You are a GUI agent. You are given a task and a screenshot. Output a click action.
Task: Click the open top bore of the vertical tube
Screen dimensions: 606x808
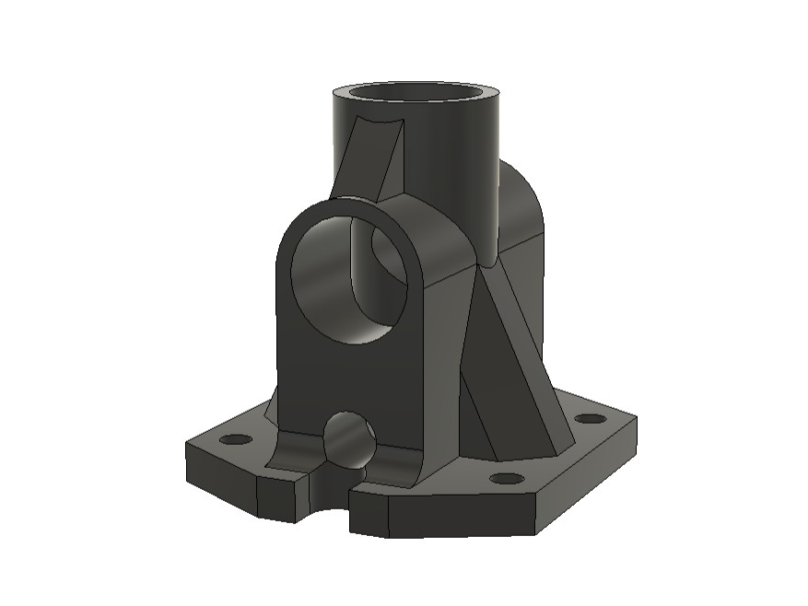(x=416, y=95)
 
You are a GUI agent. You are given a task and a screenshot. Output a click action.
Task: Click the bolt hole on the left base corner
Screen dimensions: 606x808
(x=235, y=439)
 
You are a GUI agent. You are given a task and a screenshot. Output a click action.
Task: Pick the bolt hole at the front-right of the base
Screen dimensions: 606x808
(x=506, y=478)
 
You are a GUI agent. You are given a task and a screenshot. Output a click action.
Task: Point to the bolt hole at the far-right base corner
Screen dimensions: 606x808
(x=590, y=419)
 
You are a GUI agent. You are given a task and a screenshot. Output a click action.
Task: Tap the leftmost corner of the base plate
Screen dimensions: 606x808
(x=187, y=445)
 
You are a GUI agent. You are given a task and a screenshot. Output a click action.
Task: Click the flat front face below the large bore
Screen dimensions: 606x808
(x=350, y=378)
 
